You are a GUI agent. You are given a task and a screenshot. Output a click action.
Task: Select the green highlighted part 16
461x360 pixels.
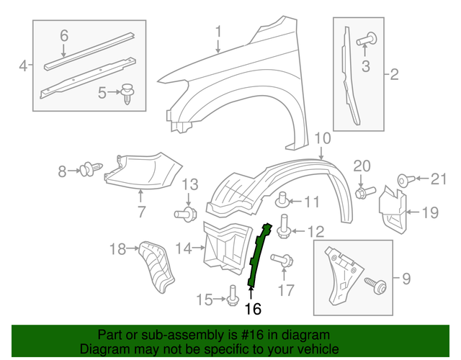(x=258, y=255)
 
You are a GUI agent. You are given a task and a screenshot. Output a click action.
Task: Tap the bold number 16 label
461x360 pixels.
(x=251, y=309)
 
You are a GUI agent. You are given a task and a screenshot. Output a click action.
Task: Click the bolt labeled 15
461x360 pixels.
(x=232, y=295)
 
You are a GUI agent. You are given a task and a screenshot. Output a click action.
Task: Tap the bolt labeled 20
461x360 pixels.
(x=362, y=192)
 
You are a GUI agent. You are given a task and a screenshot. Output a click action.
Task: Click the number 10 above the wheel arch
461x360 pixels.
(x=322, y=138)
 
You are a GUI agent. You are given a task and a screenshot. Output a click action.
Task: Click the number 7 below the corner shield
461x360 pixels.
(x=141, y=212)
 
